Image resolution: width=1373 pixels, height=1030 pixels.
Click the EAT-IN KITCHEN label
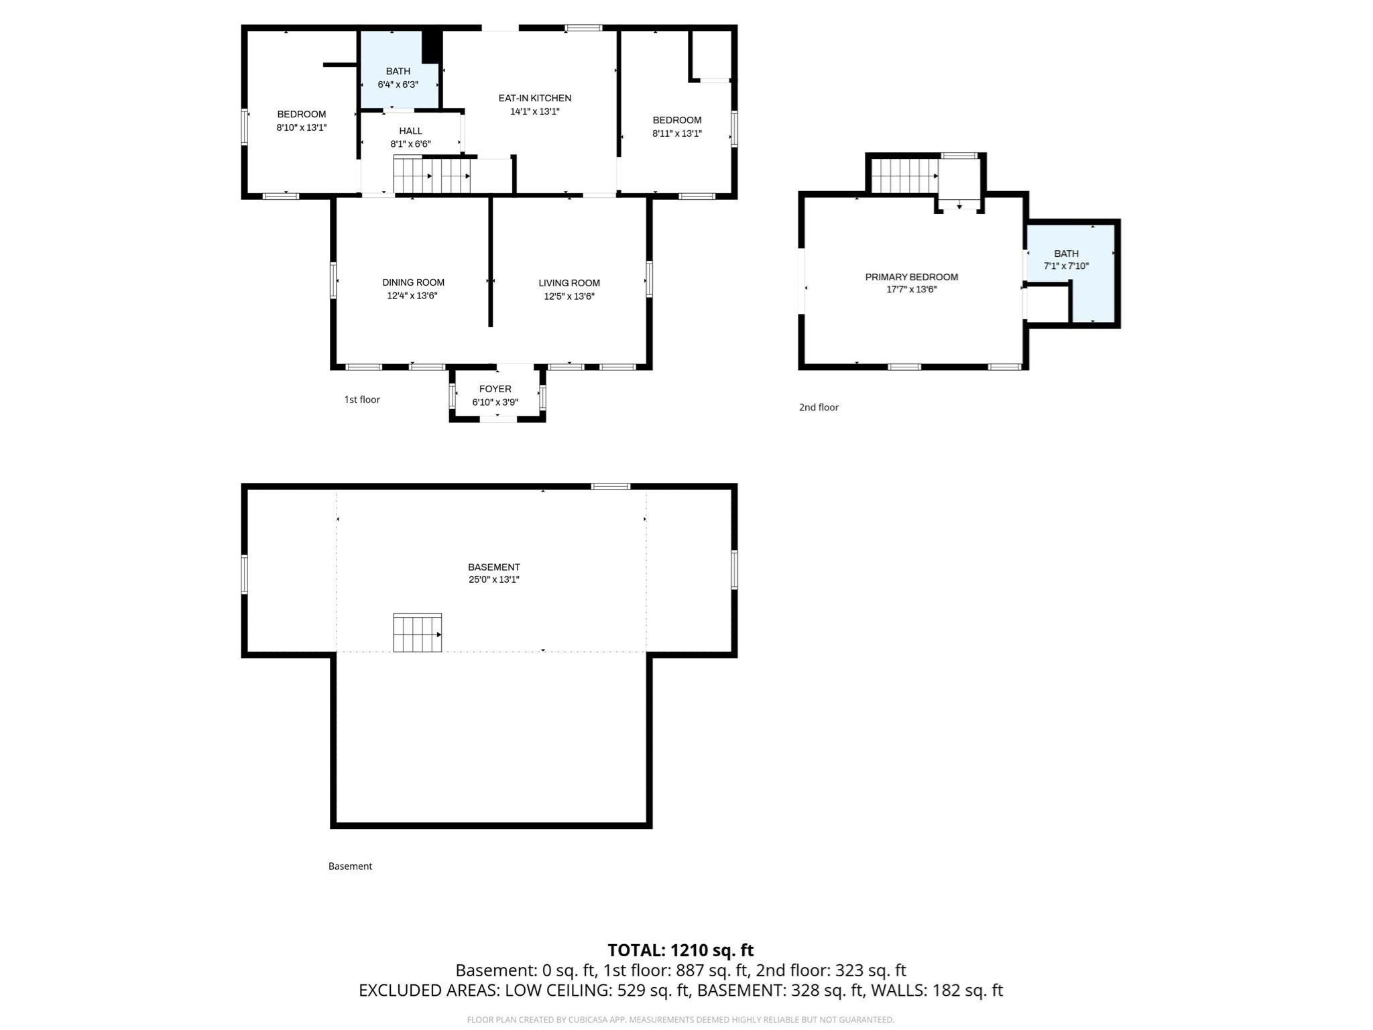[x=534, y=98]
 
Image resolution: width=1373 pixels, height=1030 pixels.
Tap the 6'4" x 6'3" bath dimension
[x=398, y=84]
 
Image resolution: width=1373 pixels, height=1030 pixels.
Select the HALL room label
[x=410, y=131]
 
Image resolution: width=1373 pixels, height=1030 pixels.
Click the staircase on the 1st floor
[x=432, y=175]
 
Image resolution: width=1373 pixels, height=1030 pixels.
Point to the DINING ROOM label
[x=413, y=282]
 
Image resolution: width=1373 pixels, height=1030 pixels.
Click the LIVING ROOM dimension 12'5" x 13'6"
[x=569, y=296]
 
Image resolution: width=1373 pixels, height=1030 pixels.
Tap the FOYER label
[x=495, y=389]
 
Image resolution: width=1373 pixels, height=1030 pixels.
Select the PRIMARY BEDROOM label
[x=911, y=277]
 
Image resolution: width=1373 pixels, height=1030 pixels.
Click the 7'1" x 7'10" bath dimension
[x=1066, y=266]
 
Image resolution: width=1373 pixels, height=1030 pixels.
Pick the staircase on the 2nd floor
[x=904, y=175]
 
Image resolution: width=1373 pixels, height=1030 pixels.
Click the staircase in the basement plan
[x=417, y=633]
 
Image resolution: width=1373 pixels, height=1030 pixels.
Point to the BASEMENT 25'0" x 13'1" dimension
[x=494, y=579]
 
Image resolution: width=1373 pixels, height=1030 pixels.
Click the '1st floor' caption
[x=362, y=400]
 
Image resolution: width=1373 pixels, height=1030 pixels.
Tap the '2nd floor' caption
[x=819, y=407]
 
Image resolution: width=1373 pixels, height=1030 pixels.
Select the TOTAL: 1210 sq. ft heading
[x=680, y=950]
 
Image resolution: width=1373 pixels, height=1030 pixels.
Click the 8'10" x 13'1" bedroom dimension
[x=301, y=127]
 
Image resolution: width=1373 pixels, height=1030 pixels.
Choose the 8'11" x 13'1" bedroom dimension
[x=676, y=133]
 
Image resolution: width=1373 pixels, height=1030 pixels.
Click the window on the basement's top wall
[x=610, y=486]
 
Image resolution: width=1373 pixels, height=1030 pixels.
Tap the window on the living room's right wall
[x=649, y=279]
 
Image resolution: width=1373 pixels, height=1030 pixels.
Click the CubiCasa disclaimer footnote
[x=680, y=1020]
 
